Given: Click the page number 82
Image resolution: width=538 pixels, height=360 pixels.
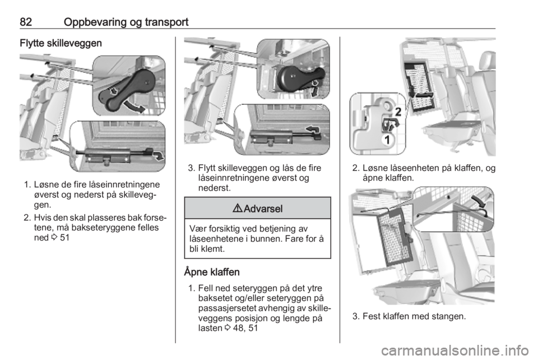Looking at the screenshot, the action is click(26, 22).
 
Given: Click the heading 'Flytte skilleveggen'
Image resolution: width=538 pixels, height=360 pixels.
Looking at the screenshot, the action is click(61, 43).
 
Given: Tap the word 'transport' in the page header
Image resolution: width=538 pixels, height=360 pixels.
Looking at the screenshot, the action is click(166, 22).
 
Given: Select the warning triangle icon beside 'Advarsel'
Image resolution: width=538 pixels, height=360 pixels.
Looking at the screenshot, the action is click(238, 208).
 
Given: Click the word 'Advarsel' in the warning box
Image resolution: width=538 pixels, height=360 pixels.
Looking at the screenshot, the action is click(263, 209).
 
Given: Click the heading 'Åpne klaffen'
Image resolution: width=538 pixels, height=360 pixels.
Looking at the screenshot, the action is click(212, 272).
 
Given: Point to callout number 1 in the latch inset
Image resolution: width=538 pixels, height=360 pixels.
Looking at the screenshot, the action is click(387, 140).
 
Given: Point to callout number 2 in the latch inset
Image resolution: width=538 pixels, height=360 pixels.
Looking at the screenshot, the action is click(398, 112).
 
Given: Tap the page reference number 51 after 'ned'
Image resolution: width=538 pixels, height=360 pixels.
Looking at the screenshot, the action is click(64, 238).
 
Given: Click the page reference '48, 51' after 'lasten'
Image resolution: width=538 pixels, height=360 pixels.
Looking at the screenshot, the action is click(245, 328).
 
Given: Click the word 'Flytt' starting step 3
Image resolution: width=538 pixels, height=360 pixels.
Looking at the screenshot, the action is click(207, 168).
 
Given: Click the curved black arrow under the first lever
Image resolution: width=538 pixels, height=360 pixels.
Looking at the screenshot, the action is click(135, 107).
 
